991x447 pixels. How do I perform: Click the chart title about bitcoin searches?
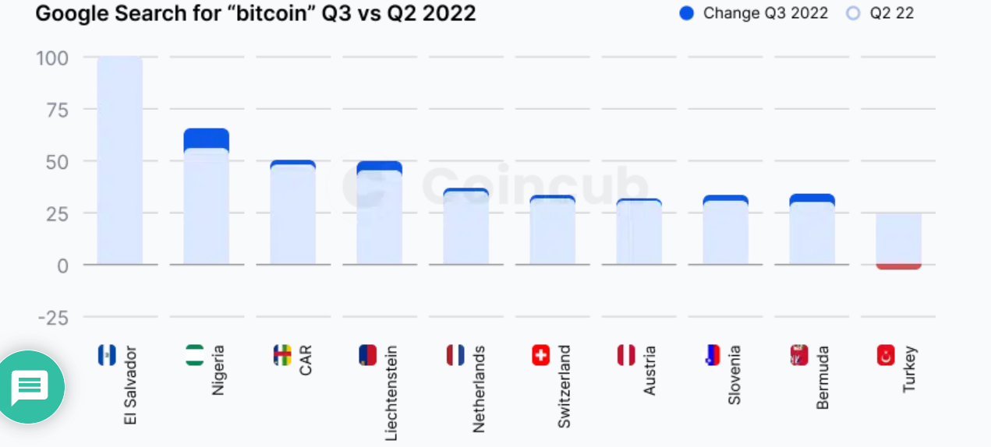tap(255, 13)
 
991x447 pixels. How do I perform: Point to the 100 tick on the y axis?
tap(52, 58)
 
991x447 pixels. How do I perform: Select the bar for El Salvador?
tap(119, 160)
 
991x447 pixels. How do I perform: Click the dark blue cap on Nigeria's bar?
tap(206, 138)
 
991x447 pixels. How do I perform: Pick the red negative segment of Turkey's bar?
tap(898, 266)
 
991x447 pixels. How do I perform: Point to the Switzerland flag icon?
tap(540, 356)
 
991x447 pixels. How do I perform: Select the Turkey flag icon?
tap(887, 356)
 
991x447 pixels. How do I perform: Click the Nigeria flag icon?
tap(195, 356)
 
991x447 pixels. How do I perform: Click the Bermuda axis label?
tap(823, 378)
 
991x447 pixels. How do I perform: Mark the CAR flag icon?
tap(281, 356)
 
